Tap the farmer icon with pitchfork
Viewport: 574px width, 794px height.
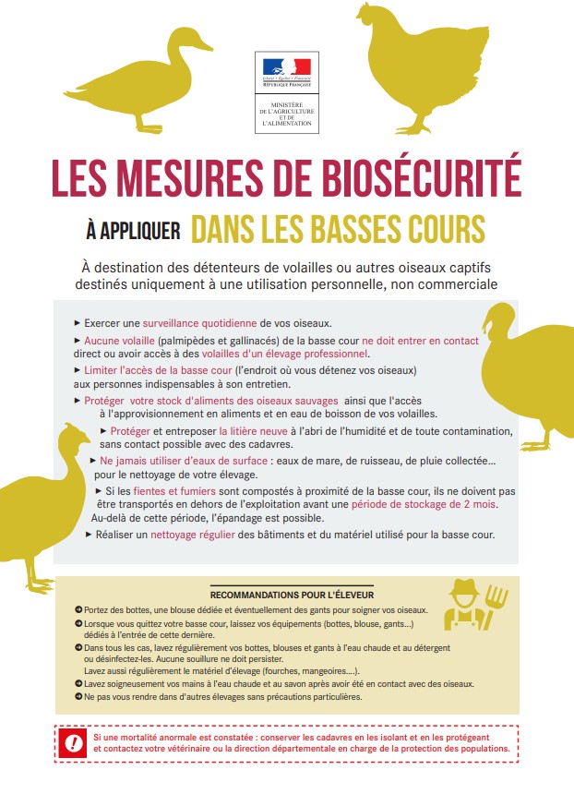point(471,605)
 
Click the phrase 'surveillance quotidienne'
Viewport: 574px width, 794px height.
point(200,323)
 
